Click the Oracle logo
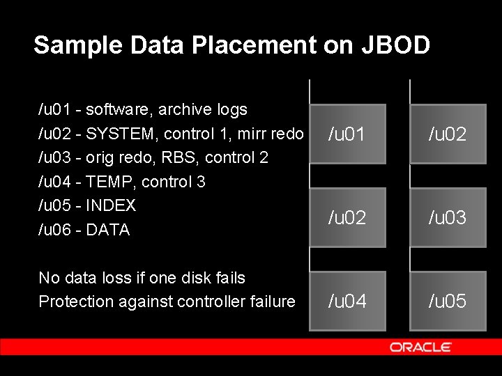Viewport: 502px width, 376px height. [420, 347]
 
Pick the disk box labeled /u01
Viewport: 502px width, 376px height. [347, 134]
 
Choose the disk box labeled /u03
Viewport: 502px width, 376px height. [448, 217]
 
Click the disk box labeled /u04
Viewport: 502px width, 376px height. [347, 301]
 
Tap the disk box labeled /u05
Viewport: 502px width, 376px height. [448, 301]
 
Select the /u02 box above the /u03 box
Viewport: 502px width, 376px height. [448, 134]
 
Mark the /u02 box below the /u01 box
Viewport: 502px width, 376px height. [347, 217]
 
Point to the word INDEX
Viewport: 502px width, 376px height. [111, 206]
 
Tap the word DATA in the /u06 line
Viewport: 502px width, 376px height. [108, 230]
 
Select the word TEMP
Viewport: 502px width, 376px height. [109, 182]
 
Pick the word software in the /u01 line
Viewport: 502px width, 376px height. [118, 110]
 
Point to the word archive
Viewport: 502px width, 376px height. [183, 110]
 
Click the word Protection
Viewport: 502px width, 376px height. [72, 301]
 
